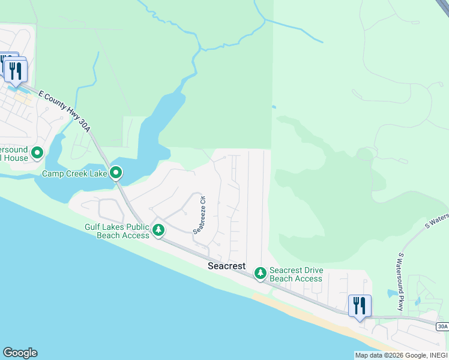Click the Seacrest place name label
tap(227, 265)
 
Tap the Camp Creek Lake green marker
tap(116, 173)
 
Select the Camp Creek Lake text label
tap(74, 173)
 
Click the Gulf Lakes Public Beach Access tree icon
tap(158, 230)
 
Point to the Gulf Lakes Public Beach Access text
tap(117, 231)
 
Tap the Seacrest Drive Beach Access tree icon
tap(260, 274)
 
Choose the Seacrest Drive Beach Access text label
tap(296, 274)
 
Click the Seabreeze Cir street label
tap(200, 214)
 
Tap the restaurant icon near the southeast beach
tap(360, 306)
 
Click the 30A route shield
tap(442, 326)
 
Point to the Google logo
tap(20, 353)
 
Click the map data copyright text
tap(400, 355)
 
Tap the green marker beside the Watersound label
tap(37, 154)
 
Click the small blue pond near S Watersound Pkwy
tap(392, 293)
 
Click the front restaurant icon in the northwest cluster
tap(15, 71)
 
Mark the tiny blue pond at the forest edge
tap(274, 107)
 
